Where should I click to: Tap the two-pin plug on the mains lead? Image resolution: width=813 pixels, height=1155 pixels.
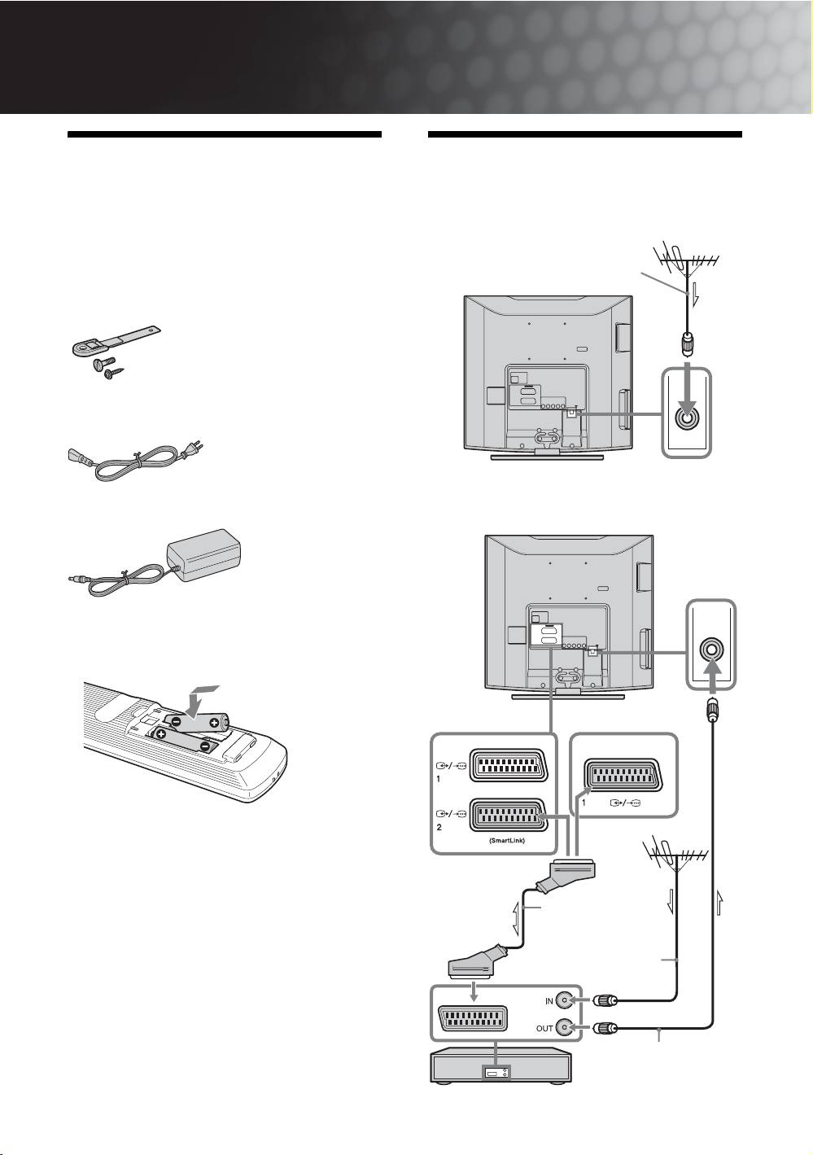[x=193, y=448]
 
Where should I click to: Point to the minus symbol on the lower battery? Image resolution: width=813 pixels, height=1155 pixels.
[x=204, y=746]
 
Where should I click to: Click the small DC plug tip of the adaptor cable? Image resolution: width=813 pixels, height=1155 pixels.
[x=72, y=580]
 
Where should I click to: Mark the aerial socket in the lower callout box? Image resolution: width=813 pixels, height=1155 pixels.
[x=711, y=649]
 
